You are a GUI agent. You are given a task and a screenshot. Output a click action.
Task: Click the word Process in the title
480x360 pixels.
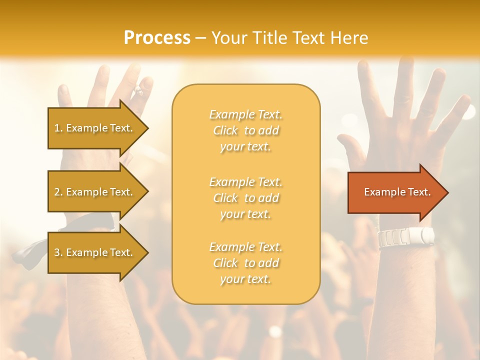[x=157, y=38]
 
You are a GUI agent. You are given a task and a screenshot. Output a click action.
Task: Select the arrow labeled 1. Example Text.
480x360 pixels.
[x=95, y=128]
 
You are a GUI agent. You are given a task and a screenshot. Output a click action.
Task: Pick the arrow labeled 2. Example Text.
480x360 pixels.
[x=95, y=192]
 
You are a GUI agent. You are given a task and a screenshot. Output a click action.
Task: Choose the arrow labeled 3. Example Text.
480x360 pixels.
[x=95, y=252]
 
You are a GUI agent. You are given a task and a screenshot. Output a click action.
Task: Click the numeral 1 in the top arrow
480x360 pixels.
[x=57, y=128]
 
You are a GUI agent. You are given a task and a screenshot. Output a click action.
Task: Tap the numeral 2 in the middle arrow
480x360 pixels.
[x=57, y=192]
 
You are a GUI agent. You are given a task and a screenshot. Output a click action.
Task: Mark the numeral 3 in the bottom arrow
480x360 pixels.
[x=57, y=252]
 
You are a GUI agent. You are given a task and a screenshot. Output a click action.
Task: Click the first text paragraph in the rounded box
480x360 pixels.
[x=246, y=130]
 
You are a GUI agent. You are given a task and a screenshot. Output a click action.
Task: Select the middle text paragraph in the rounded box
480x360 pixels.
[x=246, y=198]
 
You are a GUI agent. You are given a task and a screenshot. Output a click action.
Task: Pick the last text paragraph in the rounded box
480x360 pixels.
[x=246, y=263]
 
